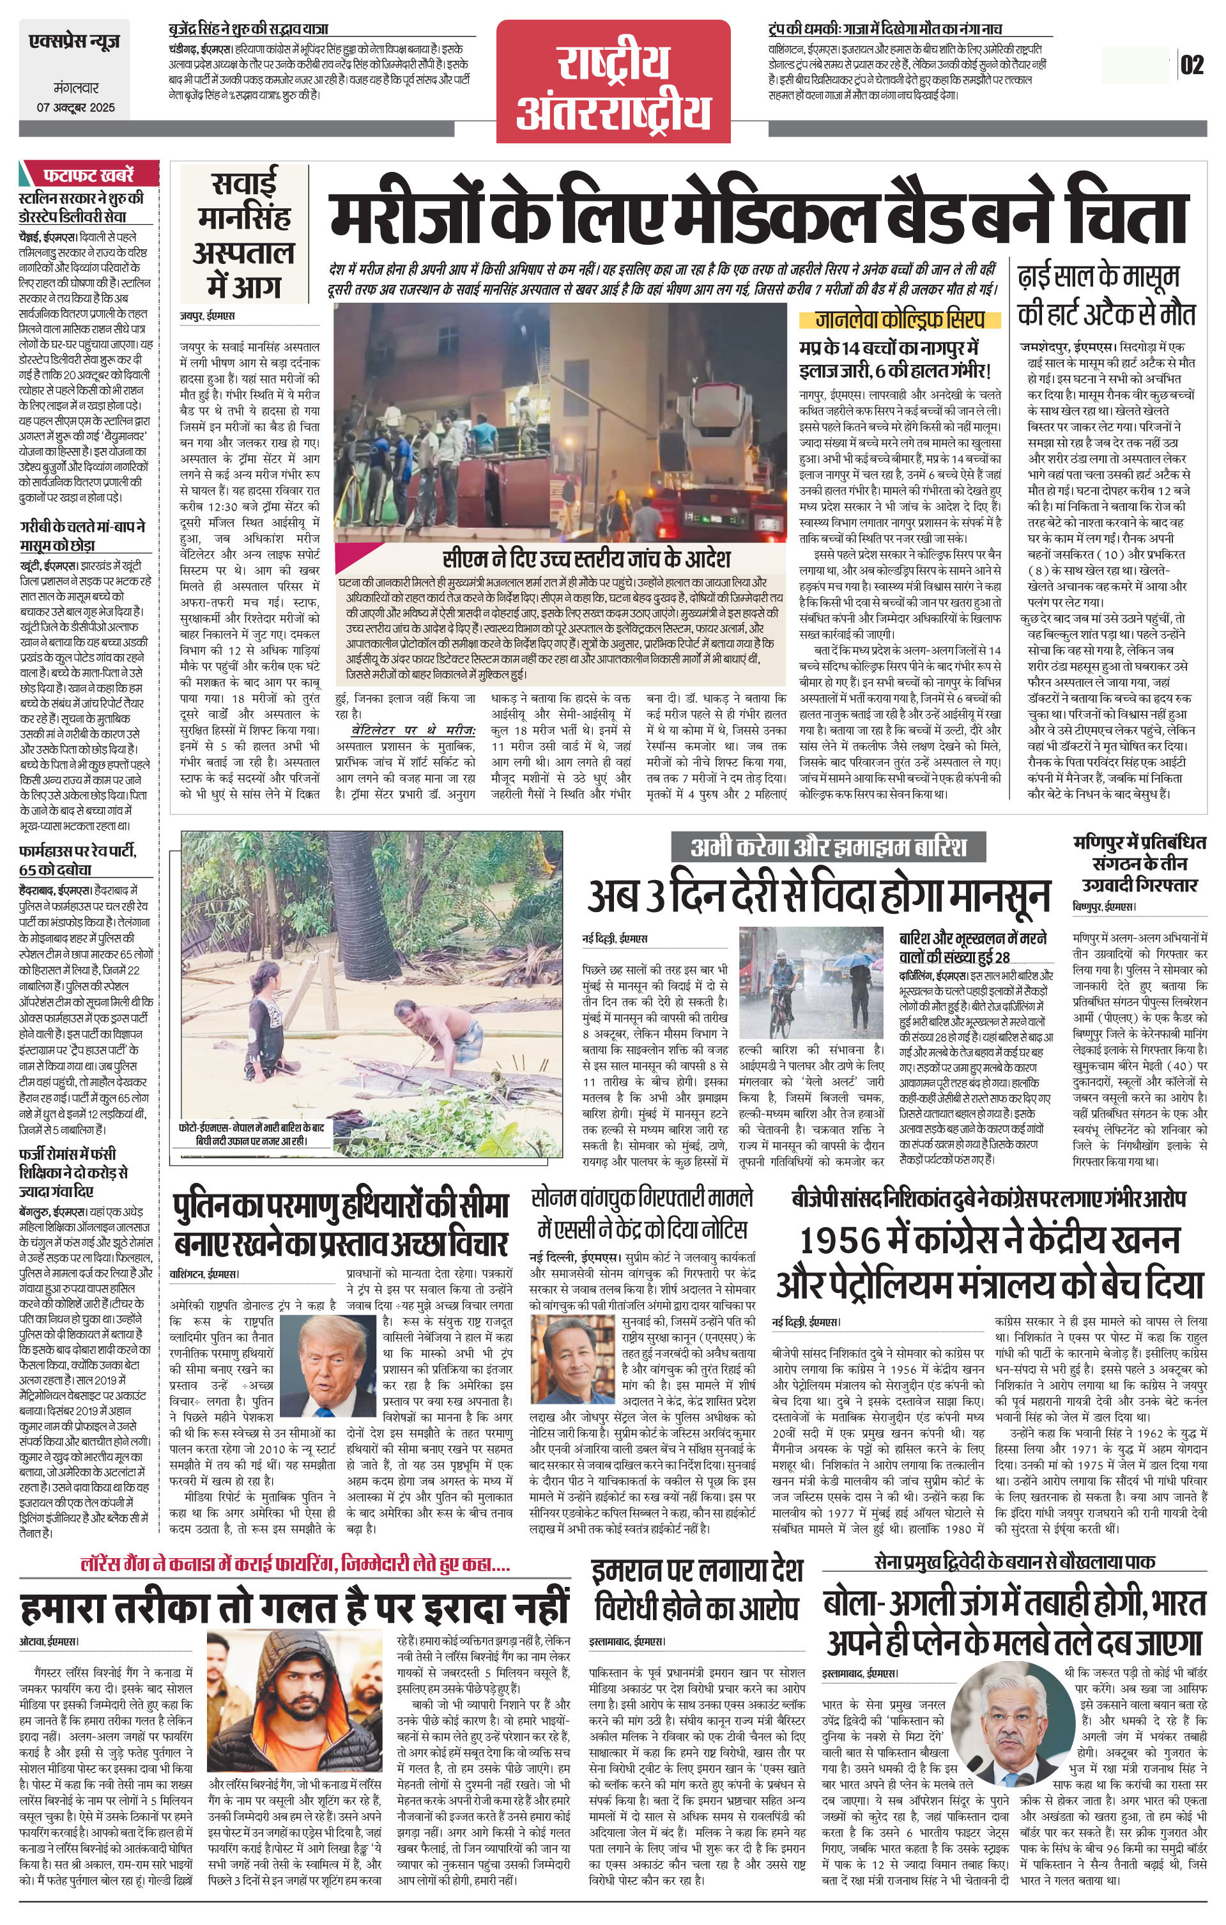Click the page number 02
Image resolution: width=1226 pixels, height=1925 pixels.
[1192, 64]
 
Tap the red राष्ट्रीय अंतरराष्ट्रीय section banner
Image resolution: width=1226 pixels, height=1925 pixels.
[613, 82]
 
